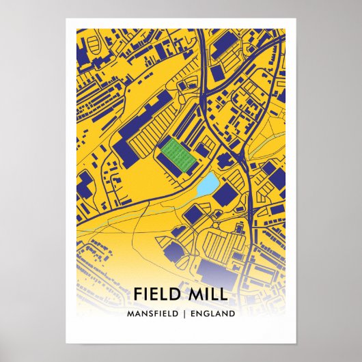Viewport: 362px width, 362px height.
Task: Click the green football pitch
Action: tap(179, 154)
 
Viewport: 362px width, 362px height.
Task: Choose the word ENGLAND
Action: tap(213, 314)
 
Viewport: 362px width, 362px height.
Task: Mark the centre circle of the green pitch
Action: tap(179, 154)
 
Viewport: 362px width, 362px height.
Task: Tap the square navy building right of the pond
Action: tap(223, 193)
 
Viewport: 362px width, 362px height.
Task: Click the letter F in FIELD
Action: tap(138, 294)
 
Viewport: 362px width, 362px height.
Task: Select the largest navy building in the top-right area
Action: tap(222, 44)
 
